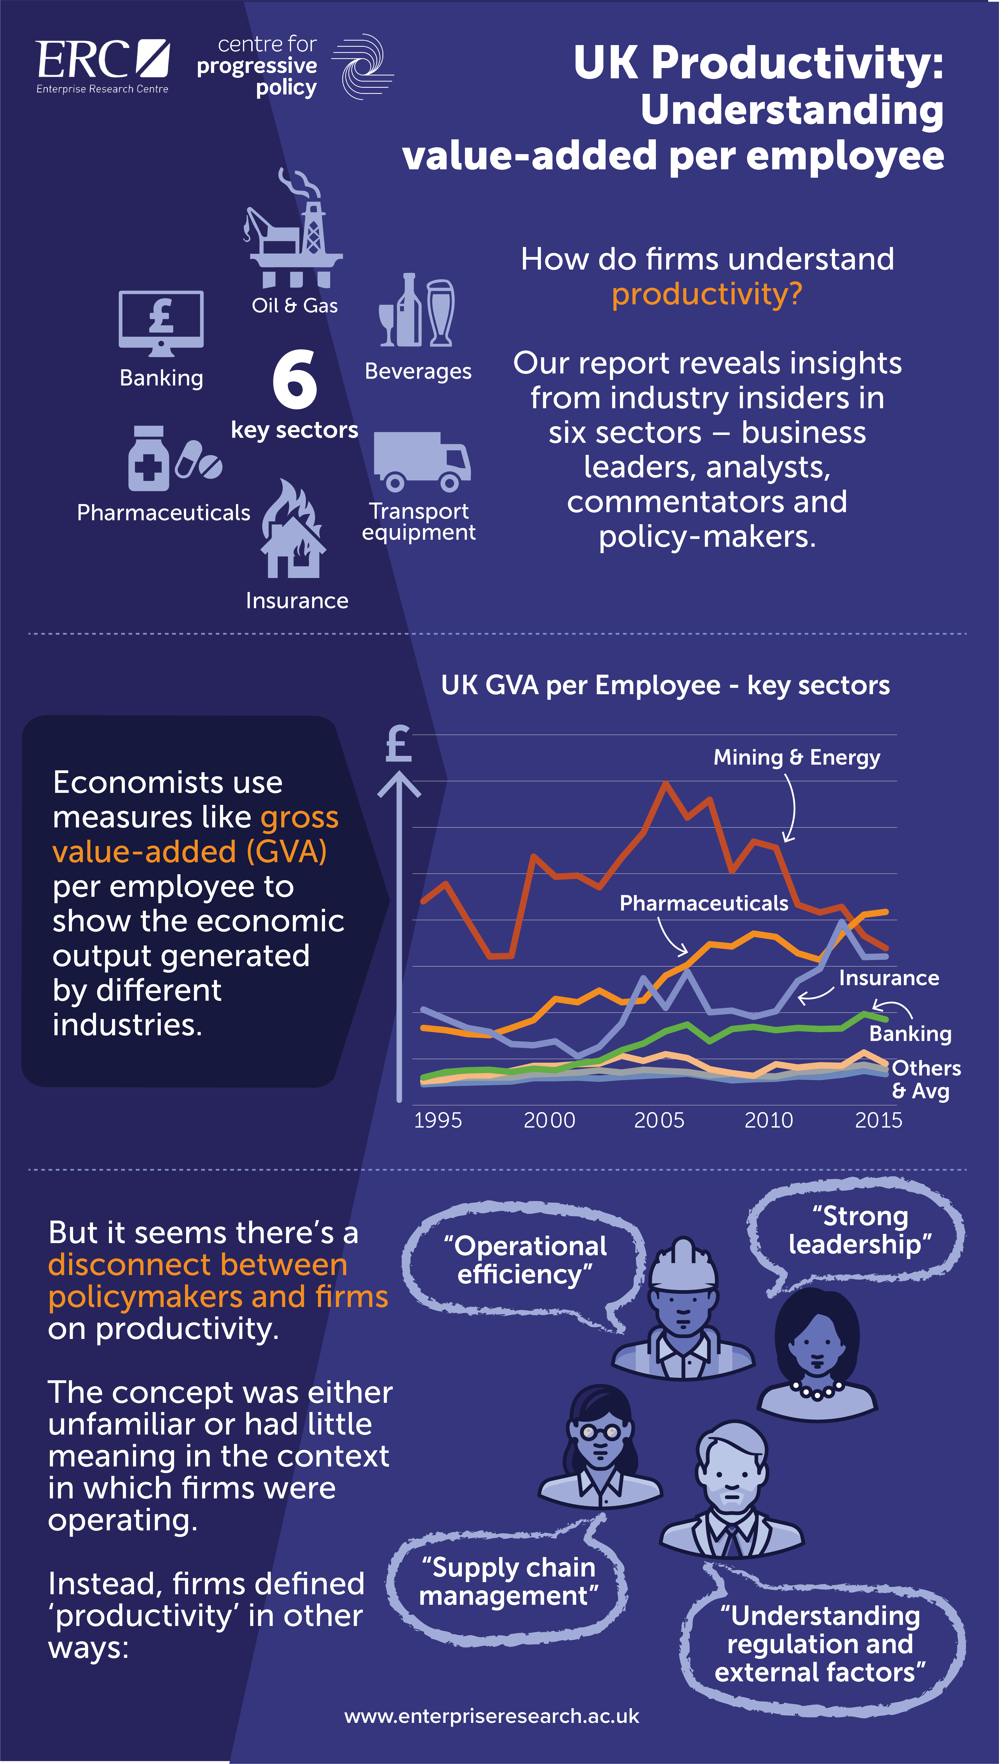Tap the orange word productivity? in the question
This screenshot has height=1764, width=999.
pyautogui.click(x=707, y=294)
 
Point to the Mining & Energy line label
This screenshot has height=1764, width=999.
pyautogui.click(x=796, y=757)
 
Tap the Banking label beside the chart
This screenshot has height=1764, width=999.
pyautogui.click(x=910, y=1034)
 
